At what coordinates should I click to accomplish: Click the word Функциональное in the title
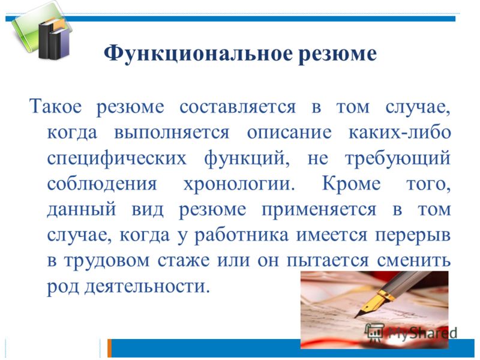(x=198, y=54)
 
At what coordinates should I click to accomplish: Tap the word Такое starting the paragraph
(x=56, y=107)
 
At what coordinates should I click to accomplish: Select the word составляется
(x=238, y=107)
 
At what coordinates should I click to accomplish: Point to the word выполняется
(x=172, y=133)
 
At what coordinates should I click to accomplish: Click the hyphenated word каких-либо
(x=400, y=133)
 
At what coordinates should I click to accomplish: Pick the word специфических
(x=116, y=158)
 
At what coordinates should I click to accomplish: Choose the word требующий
(x=398, y=158)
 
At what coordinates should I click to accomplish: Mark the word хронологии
(x=239, y=184)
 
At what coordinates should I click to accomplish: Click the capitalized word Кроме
(x=352, y=184)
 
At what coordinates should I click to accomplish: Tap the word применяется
(x=319, y=209)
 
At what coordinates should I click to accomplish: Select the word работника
(x=242, y=235)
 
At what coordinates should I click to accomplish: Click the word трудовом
(x=107, y=261)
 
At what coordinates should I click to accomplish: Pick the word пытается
(x=328, y=261)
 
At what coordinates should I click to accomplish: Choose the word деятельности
(x=147, y=286)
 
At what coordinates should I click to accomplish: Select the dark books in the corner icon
(x=53, y=38)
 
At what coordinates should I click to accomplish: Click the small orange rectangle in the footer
(x=109, y=348)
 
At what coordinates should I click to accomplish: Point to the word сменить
(x=414, y=261)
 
